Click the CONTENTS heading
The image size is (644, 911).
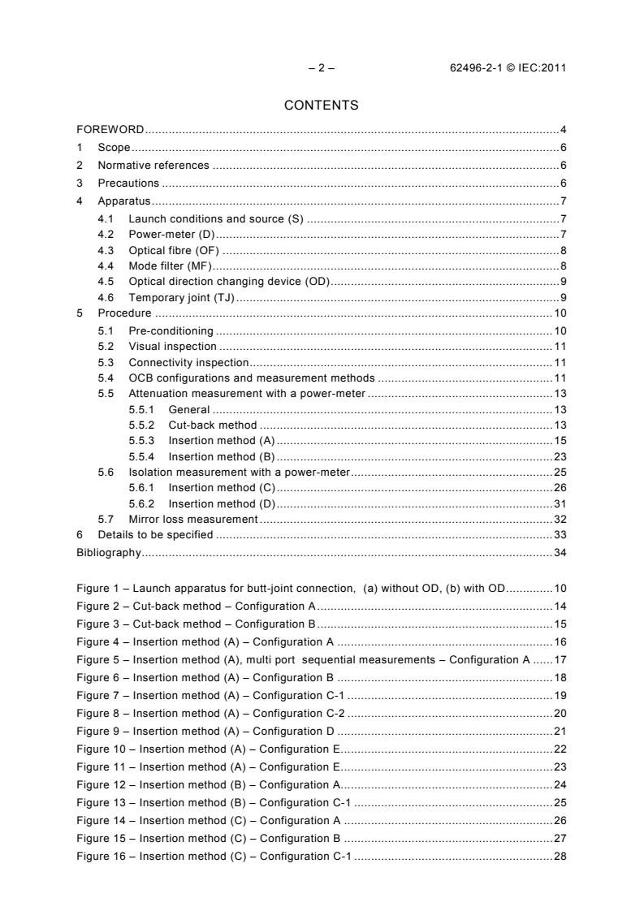pos(322,105)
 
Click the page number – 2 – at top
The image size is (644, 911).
pos(322,68)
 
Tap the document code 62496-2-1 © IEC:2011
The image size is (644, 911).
pos(508,68)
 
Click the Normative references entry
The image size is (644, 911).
pos(153,166)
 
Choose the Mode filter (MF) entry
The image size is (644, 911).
pos(170,265)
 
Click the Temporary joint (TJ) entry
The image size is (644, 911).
pos(182,298)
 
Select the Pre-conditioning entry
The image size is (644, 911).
pos(171,330)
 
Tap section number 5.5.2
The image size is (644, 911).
pos(142,425)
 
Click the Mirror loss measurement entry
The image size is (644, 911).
pos(193,519)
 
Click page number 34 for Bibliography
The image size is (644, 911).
pos(560,553)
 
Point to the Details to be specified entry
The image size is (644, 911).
pos(155,534)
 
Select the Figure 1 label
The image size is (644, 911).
pos(101,588)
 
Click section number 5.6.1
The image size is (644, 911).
pos(142,488)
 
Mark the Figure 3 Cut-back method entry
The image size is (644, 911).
pos(195,624)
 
